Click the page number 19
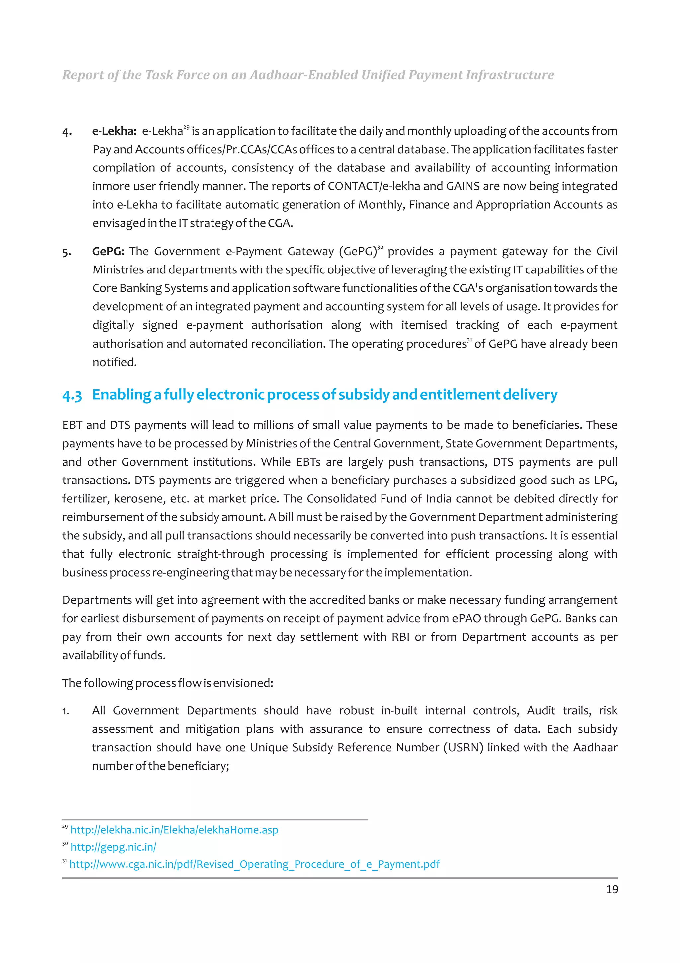click(x=611, y=889)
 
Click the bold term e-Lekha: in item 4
click(x=114, y=131)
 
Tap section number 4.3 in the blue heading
click(x=72, y=395)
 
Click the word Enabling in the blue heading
click(x=122, y=395)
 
